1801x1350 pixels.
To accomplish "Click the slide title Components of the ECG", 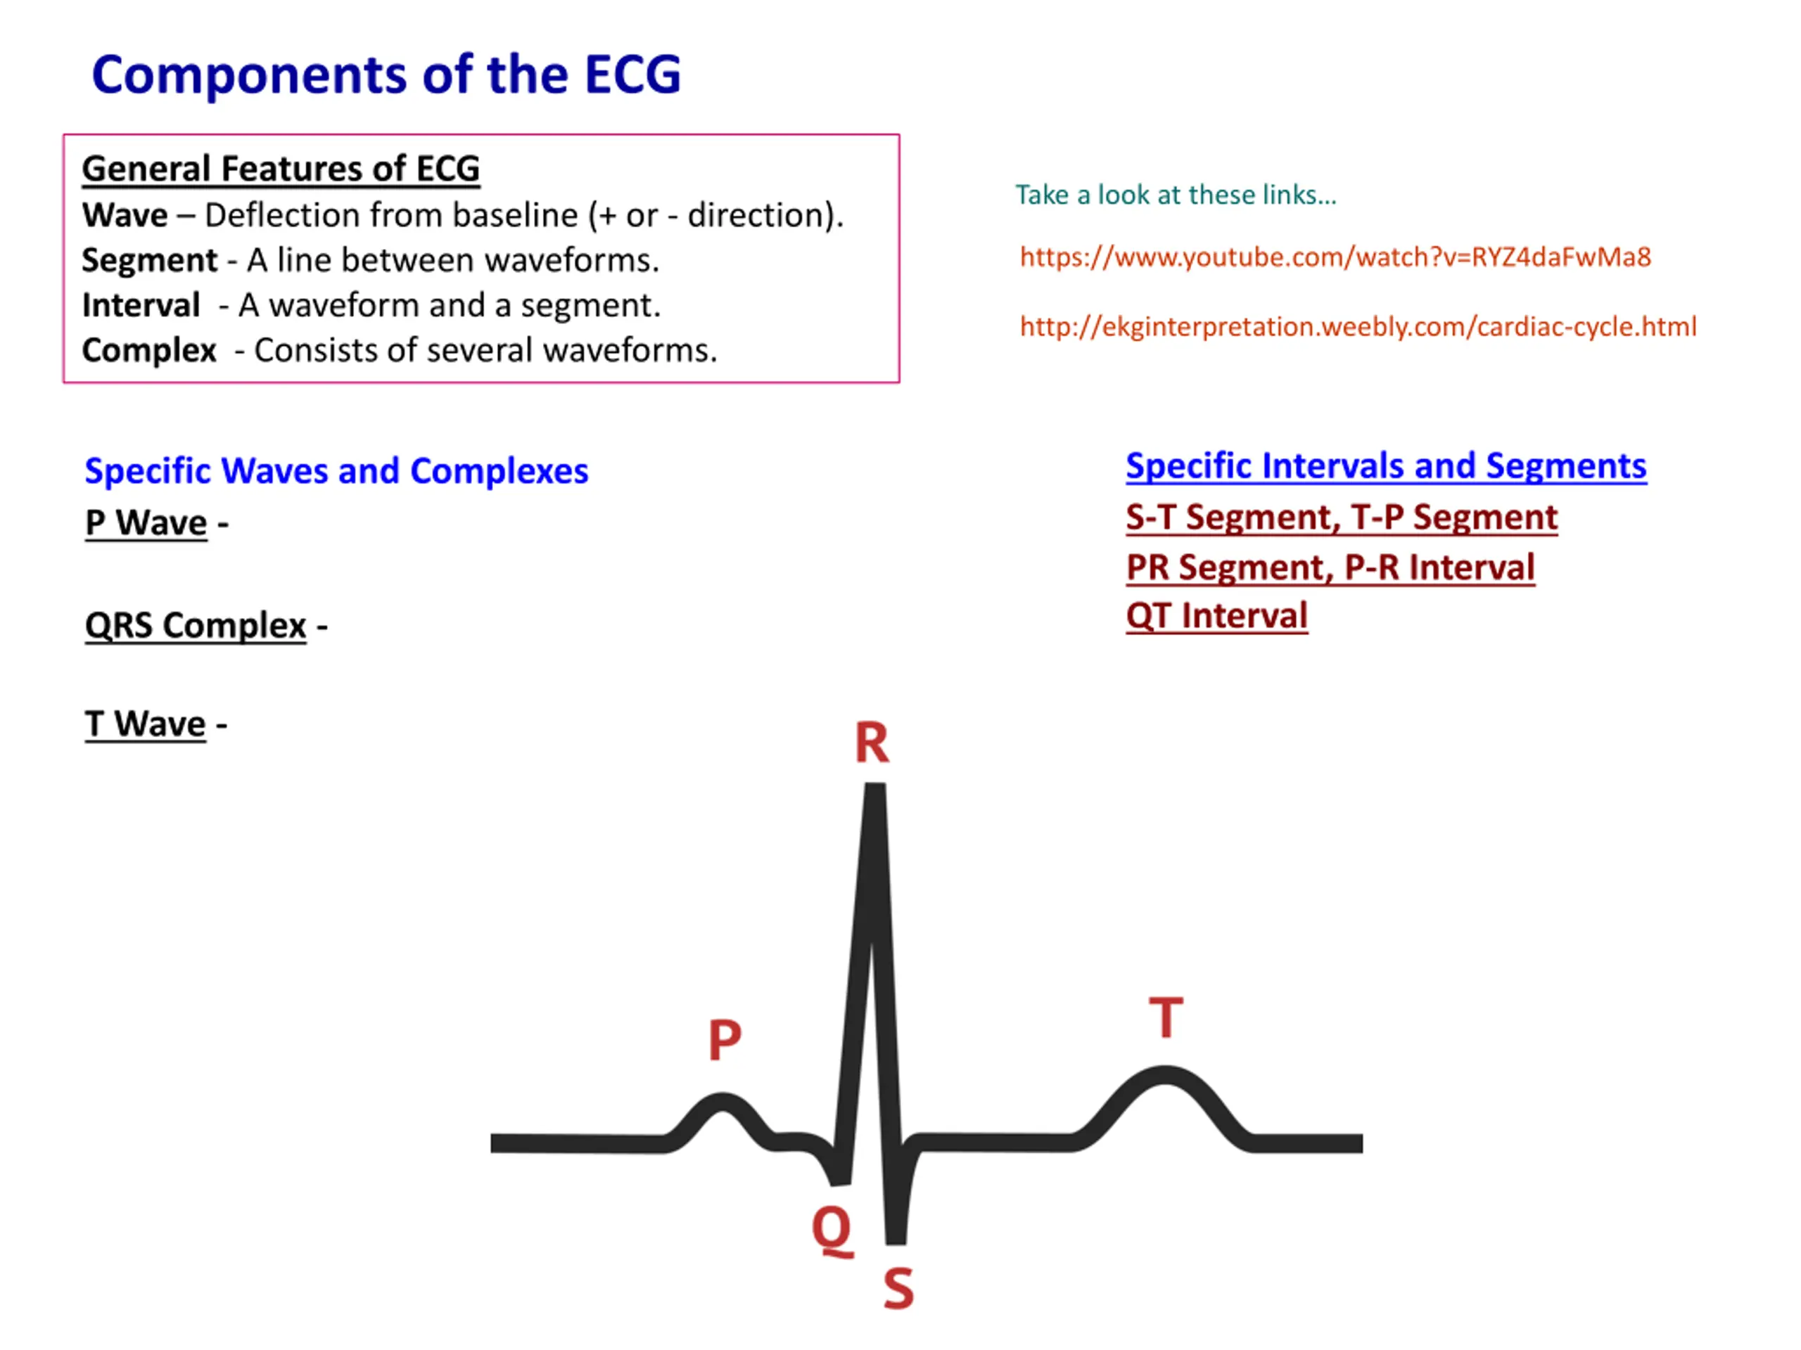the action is click(386, 75).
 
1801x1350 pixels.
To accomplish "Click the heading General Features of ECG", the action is click(281, 169).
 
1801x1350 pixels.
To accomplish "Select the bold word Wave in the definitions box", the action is click(125, 216).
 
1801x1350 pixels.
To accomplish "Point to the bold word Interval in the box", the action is click(141, 306).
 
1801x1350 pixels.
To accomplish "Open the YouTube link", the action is click(1335, 258).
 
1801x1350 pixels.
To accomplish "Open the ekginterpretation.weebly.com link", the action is click(1358, 327).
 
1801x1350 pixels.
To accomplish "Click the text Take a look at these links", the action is click(1176, 195).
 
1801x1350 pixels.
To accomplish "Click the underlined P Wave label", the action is click(146, 523).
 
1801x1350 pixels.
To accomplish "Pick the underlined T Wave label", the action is click(145, 724).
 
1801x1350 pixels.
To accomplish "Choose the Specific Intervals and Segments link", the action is click(1386, 467).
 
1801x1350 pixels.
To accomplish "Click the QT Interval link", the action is click(1216, 616).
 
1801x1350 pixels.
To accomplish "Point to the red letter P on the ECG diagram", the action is click(725, 1040).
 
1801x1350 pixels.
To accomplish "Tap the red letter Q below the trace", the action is click(832, 1230).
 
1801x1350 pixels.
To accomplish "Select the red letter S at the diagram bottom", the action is click(898, 1289).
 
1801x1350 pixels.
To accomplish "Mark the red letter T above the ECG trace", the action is click(1166, 1017).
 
